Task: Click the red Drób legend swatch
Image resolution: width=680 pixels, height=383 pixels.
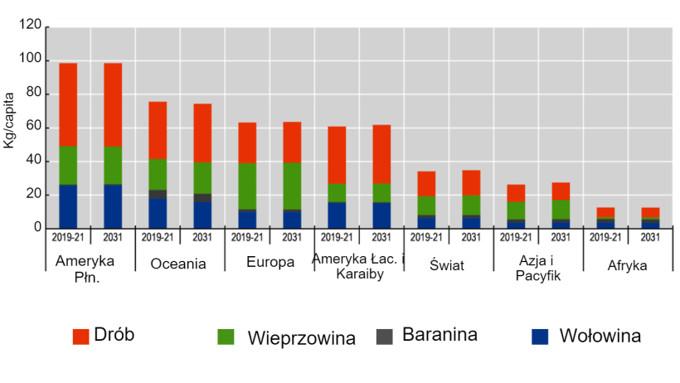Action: click(80, 337)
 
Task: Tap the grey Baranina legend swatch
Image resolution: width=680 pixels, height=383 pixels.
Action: click(384, 336)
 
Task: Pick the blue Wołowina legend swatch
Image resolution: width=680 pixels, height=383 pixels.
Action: click(540, 337)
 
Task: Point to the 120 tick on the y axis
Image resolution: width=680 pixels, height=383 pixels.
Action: click(31, 27)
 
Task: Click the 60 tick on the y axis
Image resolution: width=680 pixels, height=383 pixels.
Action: click(34, 127)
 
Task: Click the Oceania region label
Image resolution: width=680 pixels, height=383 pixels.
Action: click(178, 264)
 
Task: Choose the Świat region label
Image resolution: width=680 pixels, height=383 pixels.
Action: click(449, 264)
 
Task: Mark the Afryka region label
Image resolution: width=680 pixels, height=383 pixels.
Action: click(628, 265)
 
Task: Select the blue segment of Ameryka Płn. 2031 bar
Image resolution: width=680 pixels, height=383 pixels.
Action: click(113, 206)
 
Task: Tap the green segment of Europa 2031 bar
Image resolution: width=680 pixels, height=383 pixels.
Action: click(292, 186)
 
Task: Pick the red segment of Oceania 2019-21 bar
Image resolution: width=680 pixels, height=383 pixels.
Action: click(158, 130)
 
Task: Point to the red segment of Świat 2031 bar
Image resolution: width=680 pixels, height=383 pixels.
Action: click(471, 182)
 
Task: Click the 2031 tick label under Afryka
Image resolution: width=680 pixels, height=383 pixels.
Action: click(650, 237)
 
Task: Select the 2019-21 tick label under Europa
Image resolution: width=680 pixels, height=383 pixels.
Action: click(247, 237)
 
